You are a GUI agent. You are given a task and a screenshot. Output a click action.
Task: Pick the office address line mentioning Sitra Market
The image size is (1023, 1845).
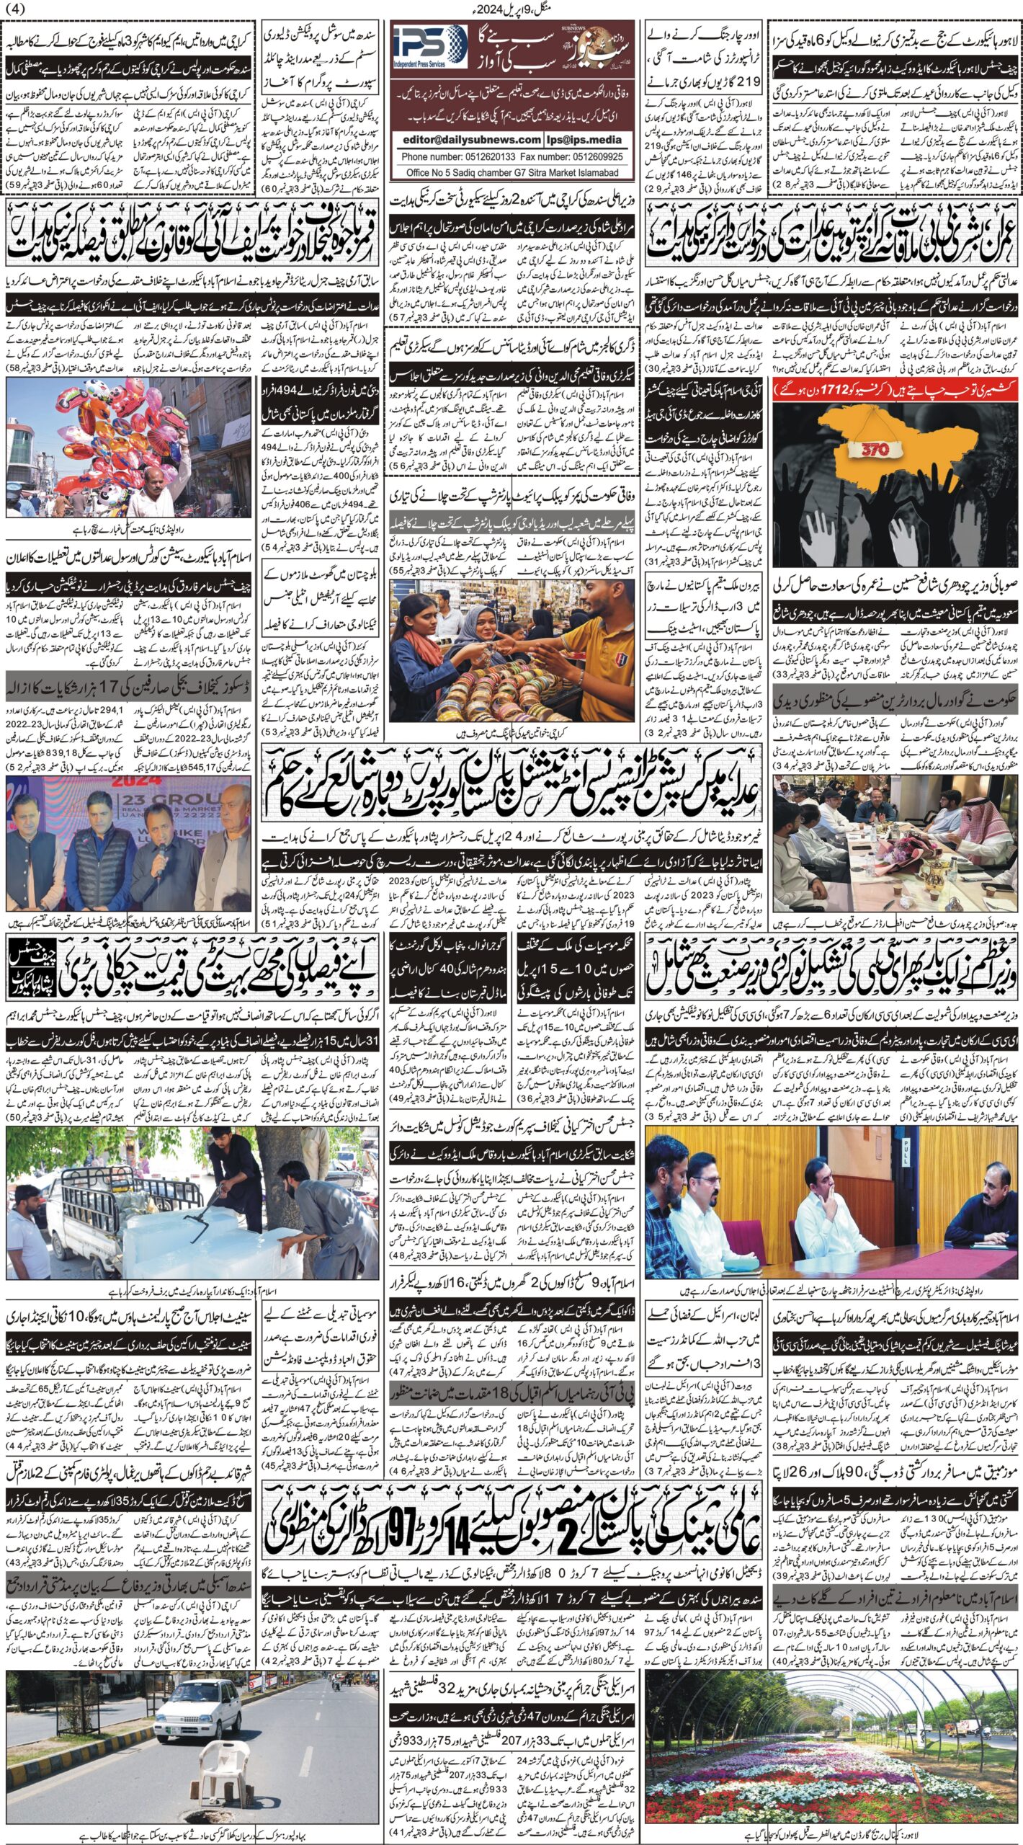[x=511, y=173]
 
